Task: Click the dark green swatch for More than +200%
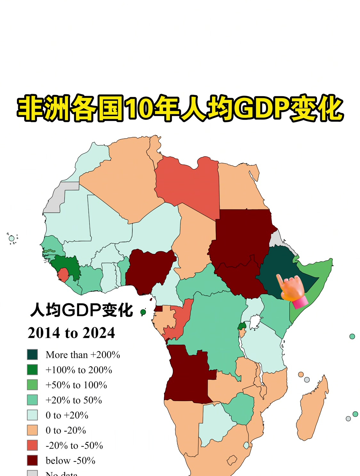pos(32,354)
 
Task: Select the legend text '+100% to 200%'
pos(79,370)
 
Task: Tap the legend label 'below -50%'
pos(70,461)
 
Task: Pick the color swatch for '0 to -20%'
pos(32,430)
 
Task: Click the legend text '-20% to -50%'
pos(74,445)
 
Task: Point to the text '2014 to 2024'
pos(71,333)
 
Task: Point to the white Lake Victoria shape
pos(255,321)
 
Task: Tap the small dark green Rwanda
pos(242,326)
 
